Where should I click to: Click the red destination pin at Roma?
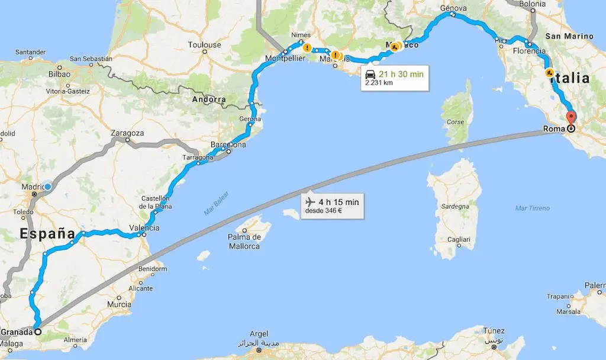pos(570,117)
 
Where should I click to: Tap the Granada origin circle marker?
pos(37,332)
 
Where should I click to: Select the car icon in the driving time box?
pos(370,74)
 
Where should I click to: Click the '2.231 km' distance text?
pos(380,83)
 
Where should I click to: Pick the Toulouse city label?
pos(204,45)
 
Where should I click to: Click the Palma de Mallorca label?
pos(244,242)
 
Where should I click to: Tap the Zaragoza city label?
pos(127,133)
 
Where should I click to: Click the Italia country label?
pos(568,78)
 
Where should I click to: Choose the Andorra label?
pos(208,99)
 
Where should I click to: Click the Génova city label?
pos(454,8)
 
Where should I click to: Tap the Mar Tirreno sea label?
pos(533,208)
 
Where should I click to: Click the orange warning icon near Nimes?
pos(307,47)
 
